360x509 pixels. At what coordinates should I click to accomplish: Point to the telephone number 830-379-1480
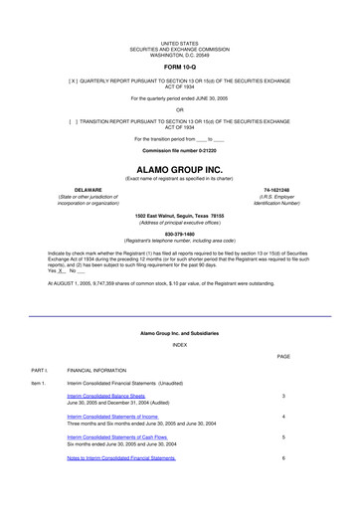pos(180,235)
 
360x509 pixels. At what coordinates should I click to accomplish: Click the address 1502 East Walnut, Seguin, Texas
pos(180,215)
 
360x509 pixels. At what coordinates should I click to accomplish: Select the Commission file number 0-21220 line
pos(180,150)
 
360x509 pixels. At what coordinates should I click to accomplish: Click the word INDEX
pos(180,316)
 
